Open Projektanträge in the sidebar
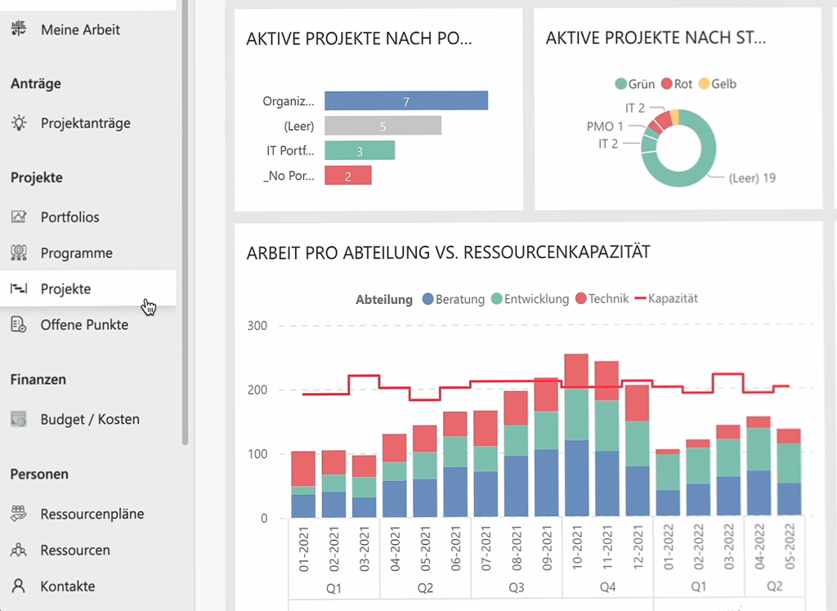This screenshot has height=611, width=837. click(85, 123)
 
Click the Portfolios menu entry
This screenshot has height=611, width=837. click(69, 217)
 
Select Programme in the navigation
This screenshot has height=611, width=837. click(76, 253)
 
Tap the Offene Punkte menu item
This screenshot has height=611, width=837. click(84, 325)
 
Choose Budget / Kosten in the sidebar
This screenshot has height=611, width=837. click(90, 420)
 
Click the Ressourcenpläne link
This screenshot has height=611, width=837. click(92, 515)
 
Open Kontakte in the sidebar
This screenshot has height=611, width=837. click(67, 586)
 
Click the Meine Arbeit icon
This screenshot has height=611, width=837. click(19, 29)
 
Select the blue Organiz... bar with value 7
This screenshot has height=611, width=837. click(405, 100)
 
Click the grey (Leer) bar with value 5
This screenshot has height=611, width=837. click(383, 126)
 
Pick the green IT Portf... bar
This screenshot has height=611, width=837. click(359, 150)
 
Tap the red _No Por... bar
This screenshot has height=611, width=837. click(347, 176)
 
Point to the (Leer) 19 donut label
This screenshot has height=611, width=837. click(751, 178)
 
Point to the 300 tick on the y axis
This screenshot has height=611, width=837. click(258, 326)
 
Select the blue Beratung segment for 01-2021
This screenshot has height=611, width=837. click(303, 506)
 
